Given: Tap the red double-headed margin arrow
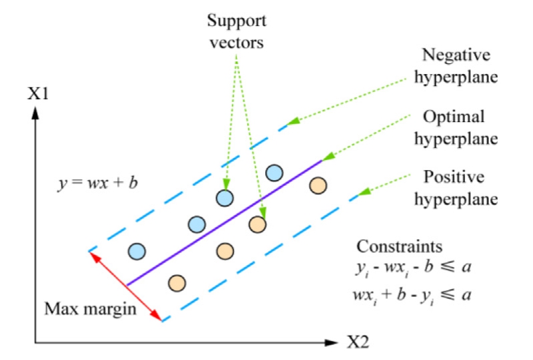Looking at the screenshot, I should (126, 286).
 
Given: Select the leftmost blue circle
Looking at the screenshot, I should (137, 251).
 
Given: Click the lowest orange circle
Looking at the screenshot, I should (177, 281).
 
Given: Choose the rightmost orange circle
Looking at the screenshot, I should (318, 185).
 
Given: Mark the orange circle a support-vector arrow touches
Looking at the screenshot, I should (258, 225).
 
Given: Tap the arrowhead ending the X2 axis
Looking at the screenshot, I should (333, 343).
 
